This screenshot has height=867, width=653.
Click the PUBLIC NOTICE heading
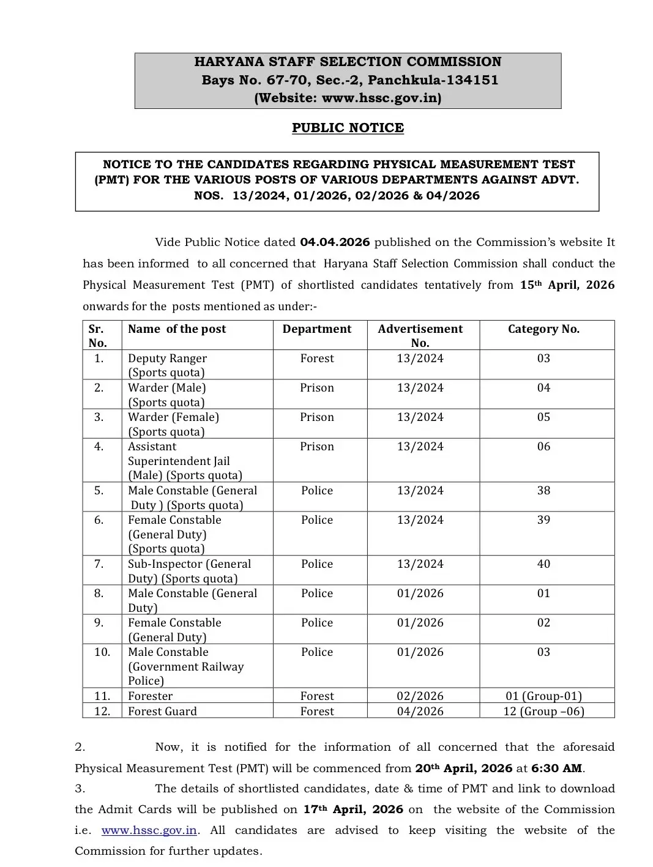(x=348, y=128)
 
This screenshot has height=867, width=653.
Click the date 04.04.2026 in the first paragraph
(x=335, y=242)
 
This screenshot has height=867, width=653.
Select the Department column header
(x=317, y=329)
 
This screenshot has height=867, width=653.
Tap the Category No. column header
(x=543, y=329)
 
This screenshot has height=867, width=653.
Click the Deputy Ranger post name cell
(x=167, y=365)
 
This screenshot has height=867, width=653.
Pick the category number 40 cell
(x=543, y=564)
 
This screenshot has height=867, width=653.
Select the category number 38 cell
(x=543, y=491)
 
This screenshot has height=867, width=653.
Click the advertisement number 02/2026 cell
(x=420, y=696)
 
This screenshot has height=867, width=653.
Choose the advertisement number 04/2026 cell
(x=420, y=712)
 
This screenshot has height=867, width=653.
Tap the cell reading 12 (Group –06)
(x=543, y=712)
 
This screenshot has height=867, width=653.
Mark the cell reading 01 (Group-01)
(x=543, y=696)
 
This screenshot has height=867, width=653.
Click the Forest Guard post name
(x=162, y=712)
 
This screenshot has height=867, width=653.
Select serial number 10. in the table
(x=102, y=652)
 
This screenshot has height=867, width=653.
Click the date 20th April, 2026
(x=463, y=768)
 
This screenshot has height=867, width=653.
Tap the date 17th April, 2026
(x=353, y=809)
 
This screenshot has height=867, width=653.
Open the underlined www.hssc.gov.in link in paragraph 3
(x=149, y=831)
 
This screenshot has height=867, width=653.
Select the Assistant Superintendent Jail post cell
(x=185, y=461)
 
